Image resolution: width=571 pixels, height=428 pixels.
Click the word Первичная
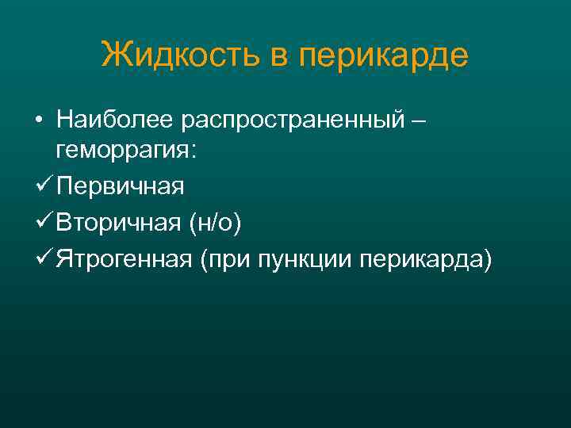pyautogui.click(x=121, y=187)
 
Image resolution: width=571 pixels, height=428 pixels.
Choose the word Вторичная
pyautogui.click(x=119, y=224)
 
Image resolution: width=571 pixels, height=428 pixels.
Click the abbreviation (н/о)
pyautogui.click(x=214, y=224)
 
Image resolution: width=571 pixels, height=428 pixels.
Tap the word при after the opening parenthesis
pyautogui.click(x=230, y=259)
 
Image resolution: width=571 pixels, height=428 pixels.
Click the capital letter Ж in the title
pyautogui.click(x=112, y=55)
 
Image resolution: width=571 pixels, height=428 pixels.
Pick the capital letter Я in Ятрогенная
pyautogui.click(x=64, y=259)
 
